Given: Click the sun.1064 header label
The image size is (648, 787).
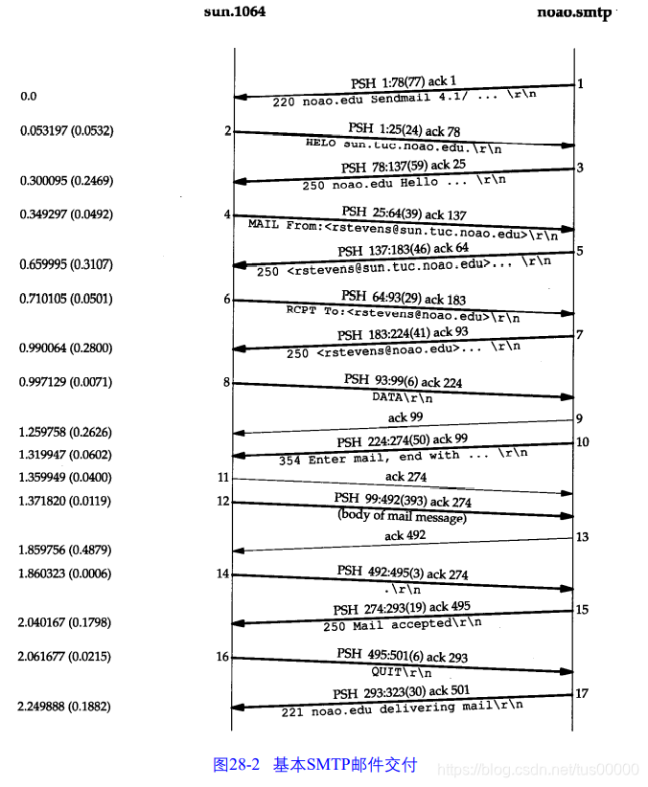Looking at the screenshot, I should click(x=235, y=12).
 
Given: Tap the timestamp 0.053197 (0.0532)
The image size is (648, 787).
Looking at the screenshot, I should click(x=66, y=130).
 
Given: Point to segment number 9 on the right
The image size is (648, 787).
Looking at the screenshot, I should click(x=580, y=417).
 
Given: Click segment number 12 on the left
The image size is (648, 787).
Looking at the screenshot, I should click(x=223, y=501).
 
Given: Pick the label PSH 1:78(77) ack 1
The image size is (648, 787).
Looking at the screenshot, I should click(x=404, y=81).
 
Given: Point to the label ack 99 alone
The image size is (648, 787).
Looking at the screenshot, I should click(x=405, y=417).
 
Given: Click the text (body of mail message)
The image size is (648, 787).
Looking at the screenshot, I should click(x=402, y=517).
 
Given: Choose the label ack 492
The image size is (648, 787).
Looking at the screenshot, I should click(x=405, y=535).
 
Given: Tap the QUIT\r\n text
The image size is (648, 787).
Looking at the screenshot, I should click(x=403, y=671).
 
